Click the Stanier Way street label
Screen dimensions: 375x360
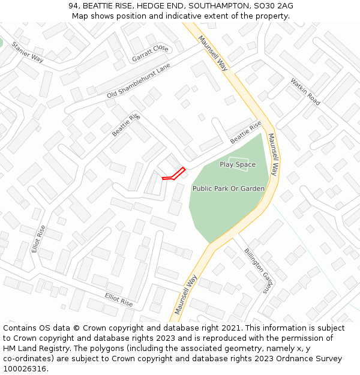click(28, 52)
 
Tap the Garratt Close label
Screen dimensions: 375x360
click(150, 53)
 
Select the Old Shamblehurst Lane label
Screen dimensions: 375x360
click(139, 80)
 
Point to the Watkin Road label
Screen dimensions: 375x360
click(305, 91)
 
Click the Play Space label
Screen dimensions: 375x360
click(238, 164)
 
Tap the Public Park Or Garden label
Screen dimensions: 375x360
click(228, 188)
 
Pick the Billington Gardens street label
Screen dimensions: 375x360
click(257, 271)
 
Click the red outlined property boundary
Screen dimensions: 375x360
click(173, 175)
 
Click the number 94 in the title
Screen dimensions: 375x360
click(74, 6)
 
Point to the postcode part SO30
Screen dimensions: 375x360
click(265, 6)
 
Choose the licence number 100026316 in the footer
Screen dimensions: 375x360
click(23, 369)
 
